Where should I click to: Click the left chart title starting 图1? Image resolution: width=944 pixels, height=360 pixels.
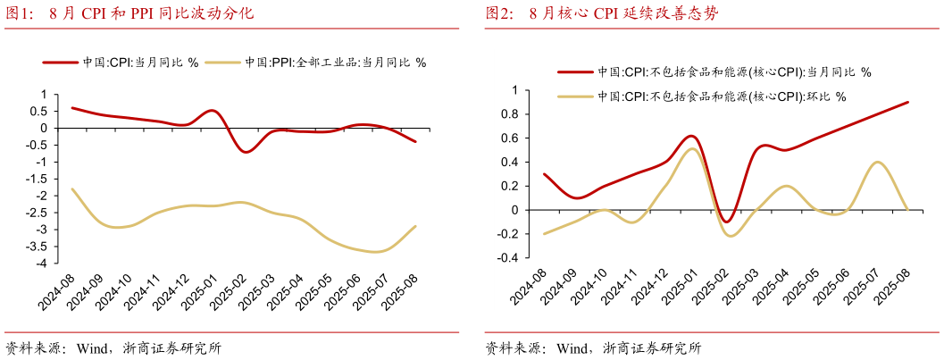130,13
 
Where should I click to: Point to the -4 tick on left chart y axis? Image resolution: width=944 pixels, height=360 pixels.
41,264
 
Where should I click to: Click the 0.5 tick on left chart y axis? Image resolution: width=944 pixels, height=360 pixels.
39,111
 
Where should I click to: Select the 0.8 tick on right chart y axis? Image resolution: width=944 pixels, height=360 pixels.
510,114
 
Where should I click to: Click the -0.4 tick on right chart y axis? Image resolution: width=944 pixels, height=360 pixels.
508,258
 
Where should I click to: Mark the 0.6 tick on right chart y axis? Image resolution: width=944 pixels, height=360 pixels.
510,138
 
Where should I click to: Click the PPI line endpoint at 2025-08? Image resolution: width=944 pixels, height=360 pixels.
415,226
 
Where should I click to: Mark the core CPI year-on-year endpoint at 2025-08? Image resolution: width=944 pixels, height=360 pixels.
908,102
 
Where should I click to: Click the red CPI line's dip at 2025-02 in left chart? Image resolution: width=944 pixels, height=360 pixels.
245,152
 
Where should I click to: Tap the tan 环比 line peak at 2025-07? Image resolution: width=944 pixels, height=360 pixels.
877,162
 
